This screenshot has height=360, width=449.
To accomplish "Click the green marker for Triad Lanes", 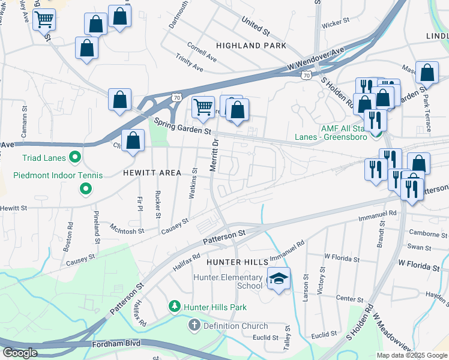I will tap(74, 158).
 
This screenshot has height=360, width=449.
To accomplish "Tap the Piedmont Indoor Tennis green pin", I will tap(85, 190).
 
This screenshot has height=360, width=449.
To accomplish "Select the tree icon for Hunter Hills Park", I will tap(175, 307).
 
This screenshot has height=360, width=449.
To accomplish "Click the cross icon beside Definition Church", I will tap(194, 326).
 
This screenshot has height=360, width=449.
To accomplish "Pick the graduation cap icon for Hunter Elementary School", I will tap(279, 278).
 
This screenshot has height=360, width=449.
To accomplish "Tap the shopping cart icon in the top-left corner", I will tap(44, 20).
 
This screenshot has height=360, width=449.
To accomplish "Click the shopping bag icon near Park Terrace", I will tap(427, 73).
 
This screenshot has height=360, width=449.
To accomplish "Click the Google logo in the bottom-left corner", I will tap(20, 353).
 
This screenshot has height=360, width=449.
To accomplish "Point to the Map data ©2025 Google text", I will tap(411, 355).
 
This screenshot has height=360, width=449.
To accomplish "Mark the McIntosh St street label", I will tap(127, 229).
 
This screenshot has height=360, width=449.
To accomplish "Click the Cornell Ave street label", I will tap(202, 47).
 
